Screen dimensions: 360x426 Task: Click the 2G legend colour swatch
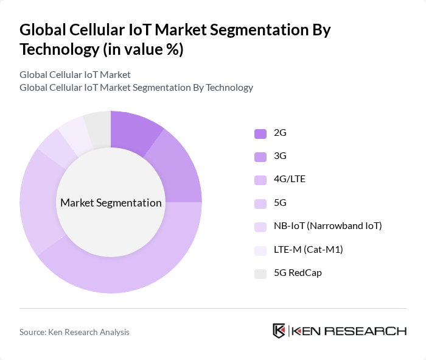click(x=260, y=133)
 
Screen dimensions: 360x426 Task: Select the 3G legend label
click(x=280, y=157)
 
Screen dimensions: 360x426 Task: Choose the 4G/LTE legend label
click(x=289, y=180)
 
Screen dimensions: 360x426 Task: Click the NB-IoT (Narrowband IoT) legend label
click(x=328, y=226)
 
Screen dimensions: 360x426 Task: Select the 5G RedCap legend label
click(x=298, y=272)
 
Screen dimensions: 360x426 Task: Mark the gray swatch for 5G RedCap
click(x=260, y=273)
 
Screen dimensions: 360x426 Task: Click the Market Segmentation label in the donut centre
click(x=111, y=203)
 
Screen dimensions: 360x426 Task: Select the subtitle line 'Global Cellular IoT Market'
click(x=75, y=75)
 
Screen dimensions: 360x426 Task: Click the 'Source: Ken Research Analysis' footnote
click(x=74, y=332)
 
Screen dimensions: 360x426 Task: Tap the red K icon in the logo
click(x=279, y=331)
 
